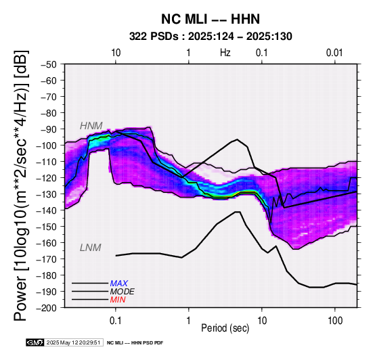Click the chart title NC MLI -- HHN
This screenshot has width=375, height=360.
(211, 19)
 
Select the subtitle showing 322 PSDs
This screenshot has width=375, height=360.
(211, 37)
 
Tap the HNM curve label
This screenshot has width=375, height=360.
(91, 126)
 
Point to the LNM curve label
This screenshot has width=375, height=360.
(91, 248)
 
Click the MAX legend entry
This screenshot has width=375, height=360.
(119, 284)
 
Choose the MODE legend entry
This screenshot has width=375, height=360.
(123, 292)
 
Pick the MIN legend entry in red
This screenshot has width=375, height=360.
(118, 300)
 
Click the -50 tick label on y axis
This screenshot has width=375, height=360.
(49, 64)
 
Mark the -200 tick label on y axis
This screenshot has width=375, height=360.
(47, 308)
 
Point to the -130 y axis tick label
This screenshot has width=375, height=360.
(47, 194)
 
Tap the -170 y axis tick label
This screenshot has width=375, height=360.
(47, 259)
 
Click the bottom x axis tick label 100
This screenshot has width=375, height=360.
(335, 321)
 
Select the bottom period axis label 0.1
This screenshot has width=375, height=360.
(116, 321)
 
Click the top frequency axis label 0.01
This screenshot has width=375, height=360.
(334, 53)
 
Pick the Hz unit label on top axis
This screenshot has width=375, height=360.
(225, 53)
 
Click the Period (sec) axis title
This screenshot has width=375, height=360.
(225, 328)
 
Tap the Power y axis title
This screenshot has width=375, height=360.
(21, 185)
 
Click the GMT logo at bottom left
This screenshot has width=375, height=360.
(35, 342)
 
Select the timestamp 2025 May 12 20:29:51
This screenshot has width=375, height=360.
(73, 342)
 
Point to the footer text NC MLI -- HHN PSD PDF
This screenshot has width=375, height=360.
(135, 343)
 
